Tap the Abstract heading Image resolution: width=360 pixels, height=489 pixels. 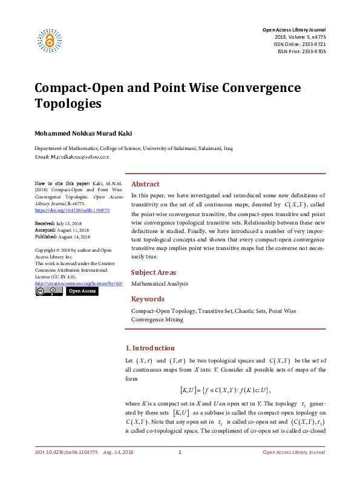[145, 184]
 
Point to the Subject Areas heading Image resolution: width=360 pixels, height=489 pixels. [154, 272]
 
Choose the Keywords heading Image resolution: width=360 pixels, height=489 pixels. [148, 299]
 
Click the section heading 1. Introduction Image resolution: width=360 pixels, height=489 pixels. [149, 348]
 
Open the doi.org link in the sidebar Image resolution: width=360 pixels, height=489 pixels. [72, 210]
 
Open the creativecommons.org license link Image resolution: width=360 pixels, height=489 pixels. [79, 283]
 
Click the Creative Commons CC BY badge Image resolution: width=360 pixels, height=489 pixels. [49, 291]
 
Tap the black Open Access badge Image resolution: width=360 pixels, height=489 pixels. [82, 291]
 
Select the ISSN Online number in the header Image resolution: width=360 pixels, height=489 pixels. [301, 44]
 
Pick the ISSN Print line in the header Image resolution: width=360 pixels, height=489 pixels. [302, 51]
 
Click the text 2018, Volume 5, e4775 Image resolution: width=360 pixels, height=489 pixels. [300, 37]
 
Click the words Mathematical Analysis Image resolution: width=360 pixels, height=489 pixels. [159, 283]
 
